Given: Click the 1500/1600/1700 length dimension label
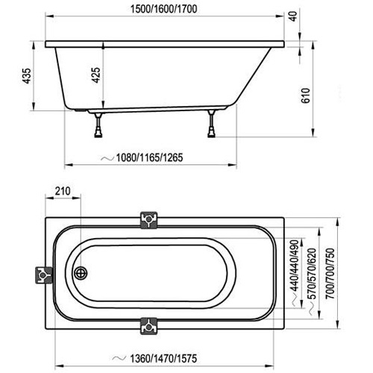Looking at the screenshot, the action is click(164, 9).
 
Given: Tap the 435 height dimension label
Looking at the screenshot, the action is click(27, 76).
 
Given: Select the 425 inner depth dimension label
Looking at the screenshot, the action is click(95, 75).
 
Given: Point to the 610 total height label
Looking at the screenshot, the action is click(306, 95).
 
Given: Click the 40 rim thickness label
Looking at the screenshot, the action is click(294, 16).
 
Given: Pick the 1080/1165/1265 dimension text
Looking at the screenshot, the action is click(149, 157).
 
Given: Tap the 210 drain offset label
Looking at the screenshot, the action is click(63, 191).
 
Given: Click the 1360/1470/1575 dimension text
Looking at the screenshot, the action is click(163, 358).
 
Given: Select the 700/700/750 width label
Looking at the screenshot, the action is click(330, 273).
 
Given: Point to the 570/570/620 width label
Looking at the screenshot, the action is click(312, 273).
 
